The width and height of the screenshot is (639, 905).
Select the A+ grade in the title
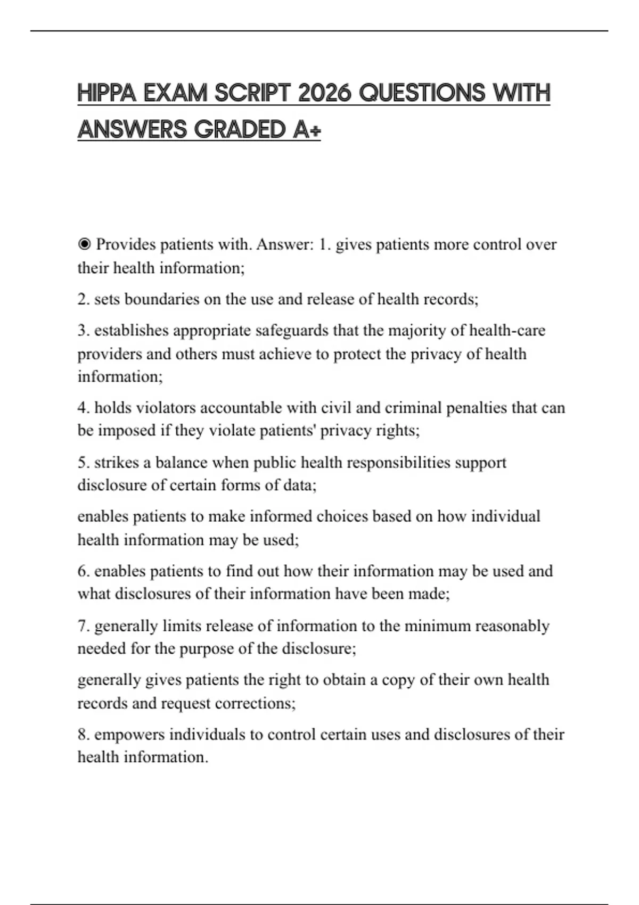pos(307,129)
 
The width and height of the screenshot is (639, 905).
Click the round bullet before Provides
pos(84,245)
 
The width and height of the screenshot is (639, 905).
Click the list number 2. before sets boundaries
pos(84,299)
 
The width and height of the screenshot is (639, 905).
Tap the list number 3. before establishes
pos(84,331)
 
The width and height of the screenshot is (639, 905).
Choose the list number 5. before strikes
pos(84,463)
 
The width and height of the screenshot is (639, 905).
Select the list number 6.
pos(84,571)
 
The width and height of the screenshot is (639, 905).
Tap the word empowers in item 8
pos(129,735)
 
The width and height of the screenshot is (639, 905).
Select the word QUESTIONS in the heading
pos(422,93)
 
